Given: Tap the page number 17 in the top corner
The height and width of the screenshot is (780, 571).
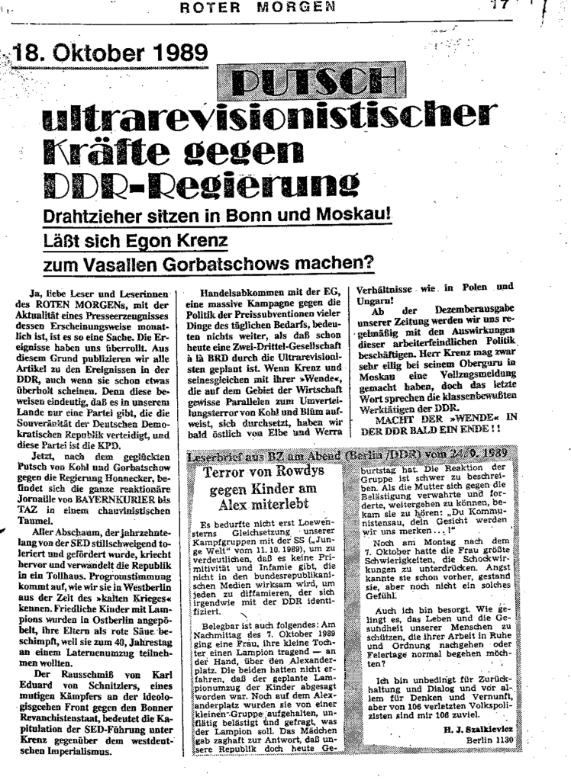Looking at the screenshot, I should coord(499,7).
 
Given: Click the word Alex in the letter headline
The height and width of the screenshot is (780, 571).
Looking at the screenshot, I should coord(239,503).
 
